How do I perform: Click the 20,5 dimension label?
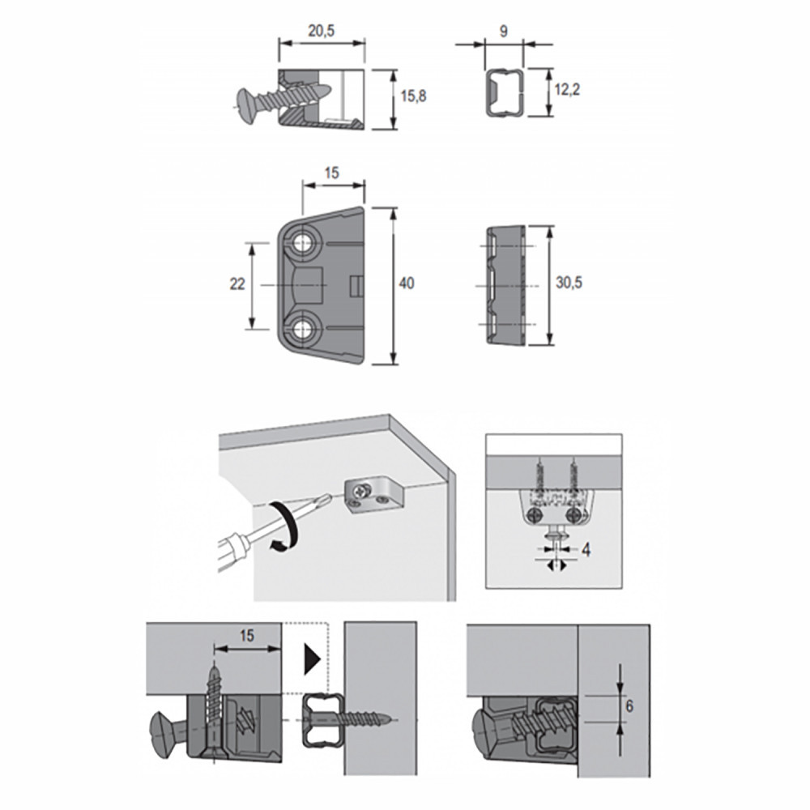click(322, 31)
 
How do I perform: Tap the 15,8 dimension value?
click(414, 96)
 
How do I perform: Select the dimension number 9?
click(504, 31)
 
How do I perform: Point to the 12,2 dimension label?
click(567, 89)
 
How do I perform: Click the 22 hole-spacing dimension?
click(237, 283)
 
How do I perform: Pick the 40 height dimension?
click(407, 283)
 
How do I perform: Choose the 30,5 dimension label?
click(569, 283)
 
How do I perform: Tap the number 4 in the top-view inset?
click(586, 550)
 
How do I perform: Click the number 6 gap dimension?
click(629, 706)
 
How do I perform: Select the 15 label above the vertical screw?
click(247, 635)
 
